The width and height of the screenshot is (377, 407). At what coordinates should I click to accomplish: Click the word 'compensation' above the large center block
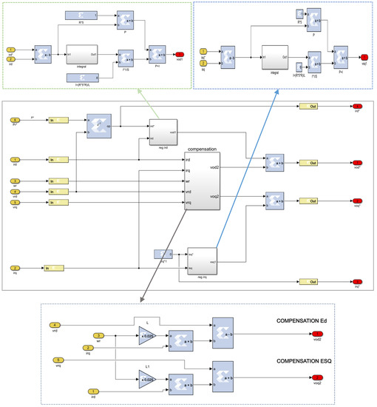tap(201, 149)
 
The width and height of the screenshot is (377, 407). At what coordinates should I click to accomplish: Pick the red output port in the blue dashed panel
tap(364, 57)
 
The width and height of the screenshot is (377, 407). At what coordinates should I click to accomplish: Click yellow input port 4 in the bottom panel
tap(54, 324)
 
